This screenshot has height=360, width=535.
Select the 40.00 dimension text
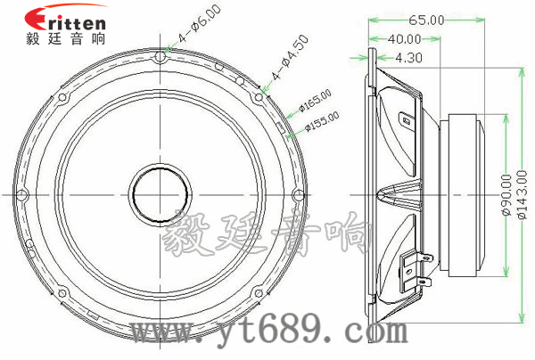tap(404, 38)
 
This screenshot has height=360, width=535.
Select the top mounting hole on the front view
tap(160, 58)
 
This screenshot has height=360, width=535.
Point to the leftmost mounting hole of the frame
tap(22, 192)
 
